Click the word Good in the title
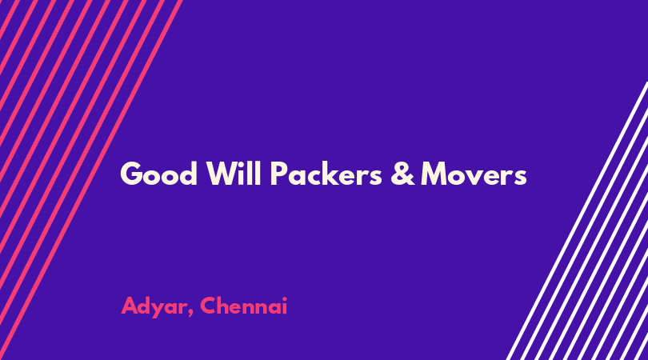click(158, 174)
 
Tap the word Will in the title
click(234, 173)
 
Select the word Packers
click(326, 173)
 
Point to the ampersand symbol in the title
click(402, 173)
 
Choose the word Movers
click(474, 174)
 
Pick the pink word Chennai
click(243, 306)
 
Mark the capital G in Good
click(132, 174)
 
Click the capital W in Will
click(224, 174)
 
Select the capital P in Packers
click(279, 174)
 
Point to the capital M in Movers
click(434, 174)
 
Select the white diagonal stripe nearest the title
click(577, 221)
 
